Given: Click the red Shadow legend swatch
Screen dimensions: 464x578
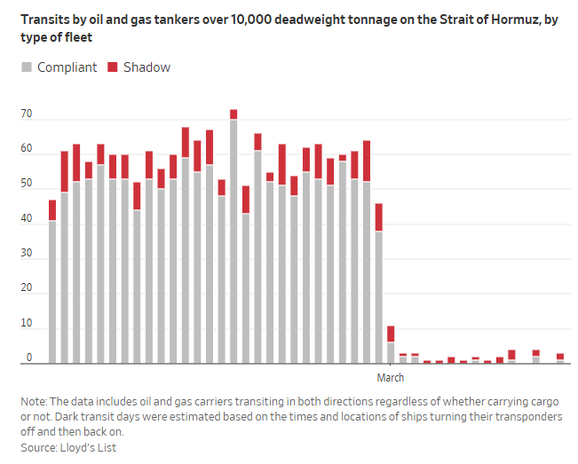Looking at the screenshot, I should [x=113, y=67].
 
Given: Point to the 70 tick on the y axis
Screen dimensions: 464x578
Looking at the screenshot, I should [x=26, y=114].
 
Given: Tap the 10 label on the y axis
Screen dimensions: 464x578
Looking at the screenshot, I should [x=26, y=324].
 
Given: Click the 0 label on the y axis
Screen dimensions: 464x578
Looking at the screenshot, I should [x=28, y=358].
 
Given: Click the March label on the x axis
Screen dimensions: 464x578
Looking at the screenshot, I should [x=391, y=378].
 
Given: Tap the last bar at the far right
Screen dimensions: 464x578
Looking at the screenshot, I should [x=560, y=358].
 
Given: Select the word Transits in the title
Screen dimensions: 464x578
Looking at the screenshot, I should [x=43, y=20].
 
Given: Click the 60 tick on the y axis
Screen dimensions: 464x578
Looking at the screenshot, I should [x=26, y=149].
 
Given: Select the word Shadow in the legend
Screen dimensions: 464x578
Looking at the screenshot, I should [x=146, y=67].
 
